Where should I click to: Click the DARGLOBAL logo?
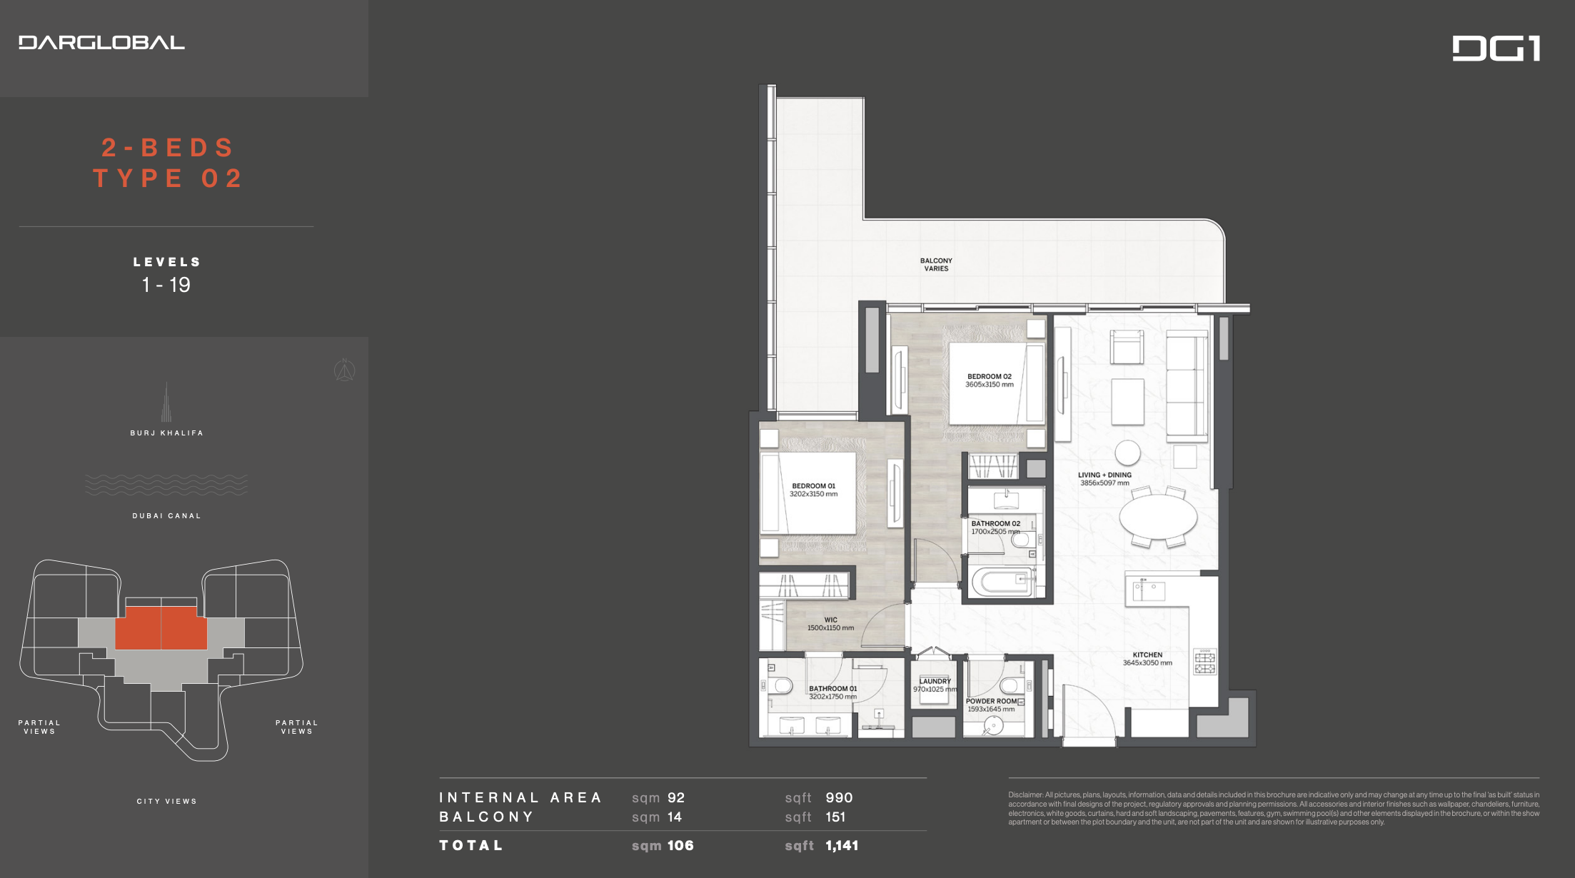click(x=101, y=43)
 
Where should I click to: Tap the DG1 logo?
click(x=1496, y=49)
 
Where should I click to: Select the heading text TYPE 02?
click(x=168, y=178)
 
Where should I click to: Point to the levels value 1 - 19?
click(x=166, y=285)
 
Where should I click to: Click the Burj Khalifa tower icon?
click(x=166, y=402)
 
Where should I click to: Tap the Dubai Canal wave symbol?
click(x=166, y=485)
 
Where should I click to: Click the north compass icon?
click(x=345, y=370)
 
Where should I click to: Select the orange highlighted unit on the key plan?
click(x=161, y=627)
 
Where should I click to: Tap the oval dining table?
click(x=1158, y=516)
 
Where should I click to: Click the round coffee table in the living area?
click(x=1128, y=453)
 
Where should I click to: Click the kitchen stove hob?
click(x=1205, y=662)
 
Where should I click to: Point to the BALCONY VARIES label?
click(x=936, y=265)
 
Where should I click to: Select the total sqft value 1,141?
click(x=842, y=846)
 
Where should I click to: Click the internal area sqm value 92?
click(x=676, y=798)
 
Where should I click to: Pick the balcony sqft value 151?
click(x=835, y=817)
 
